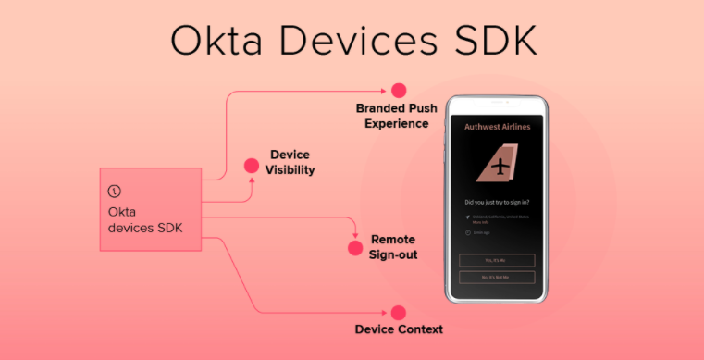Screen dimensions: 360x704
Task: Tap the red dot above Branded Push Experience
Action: (399, 91)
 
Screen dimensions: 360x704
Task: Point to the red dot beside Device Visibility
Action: (251, 166)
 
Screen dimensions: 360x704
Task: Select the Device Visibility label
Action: (290, 162)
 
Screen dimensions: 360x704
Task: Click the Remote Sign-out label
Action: (393, 246)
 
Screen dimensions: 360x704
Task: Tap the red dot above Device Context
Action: (399, 313)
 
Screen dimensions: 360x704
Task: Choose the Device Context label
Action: (399, 329)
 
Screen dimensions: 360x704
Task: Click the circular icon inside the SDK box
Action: (114, 192)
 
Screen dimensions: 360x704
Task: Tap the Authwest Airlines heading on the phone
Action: (497, 127)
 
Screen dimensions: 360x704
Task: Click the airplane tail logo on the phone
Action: (498, 168)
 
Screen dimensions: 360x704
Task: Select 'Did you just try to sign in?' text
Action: (497, 201)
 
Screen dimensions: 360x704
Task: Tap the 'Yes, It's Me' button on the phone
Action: (497, 260)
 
